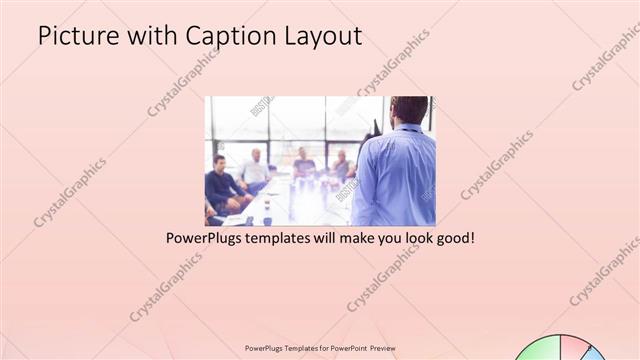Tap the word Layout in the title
(x=324, y=37)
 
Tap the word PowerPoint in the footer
(x=344, y=349)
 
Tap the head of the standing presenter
(x=409, y=109)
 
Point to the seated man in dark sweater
(x=220, y=184)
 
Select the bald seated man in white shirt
(x=255, y=170)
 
